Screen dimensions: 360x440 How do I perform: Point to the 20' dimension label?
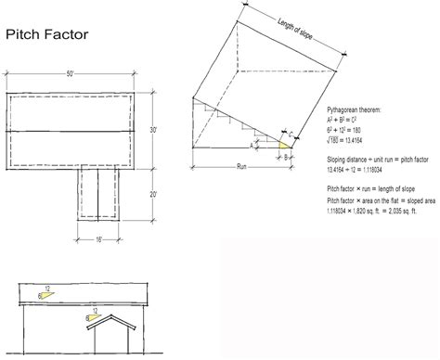pyautogui.click(x=153, y=195)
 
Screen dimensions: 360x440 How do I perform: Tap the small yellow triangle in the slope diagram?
pyautogui.click(x=285, y=144)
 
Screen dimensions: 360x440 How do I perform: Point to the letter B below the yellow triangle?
pyautogui.click(x=287, y=155)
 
